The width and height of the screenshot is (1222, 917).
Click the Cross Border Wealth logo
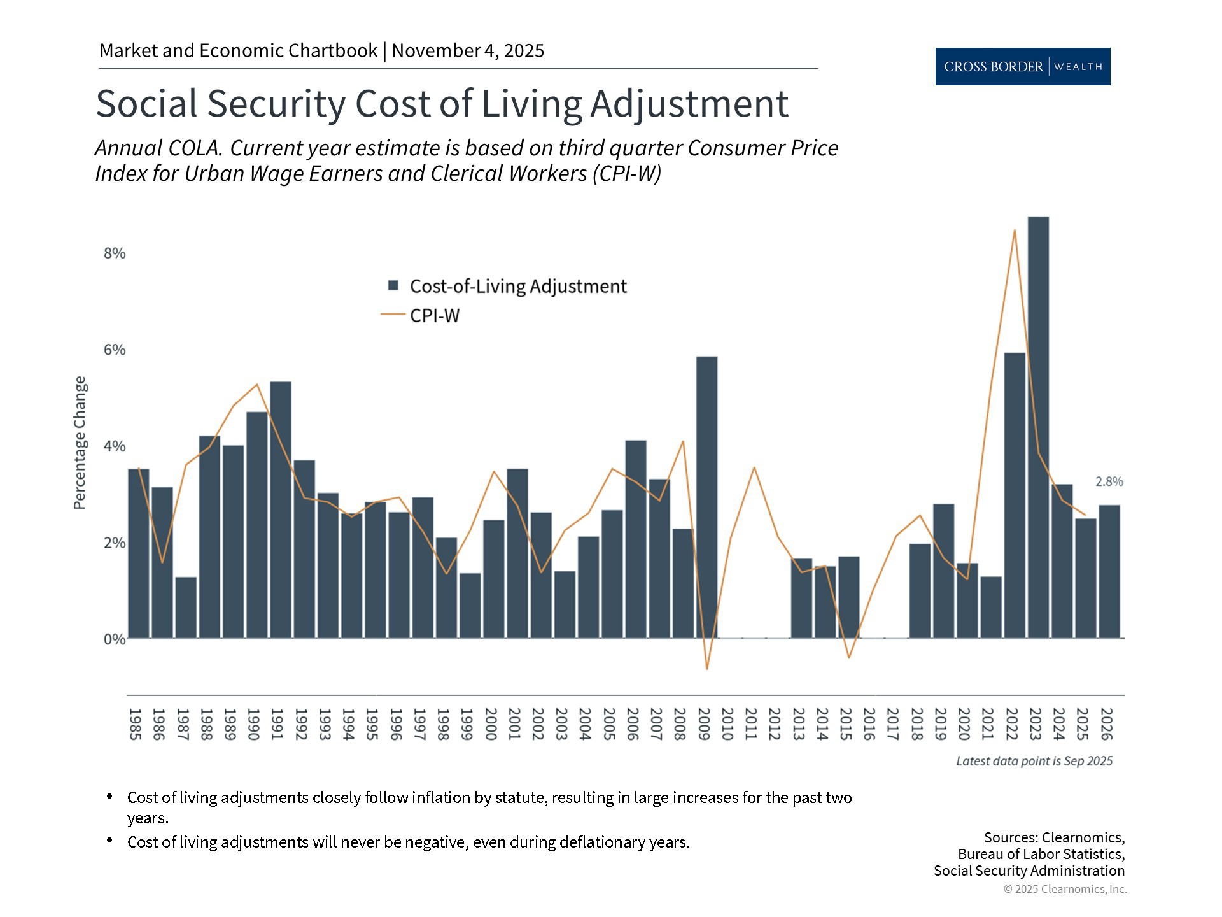(1022, 66)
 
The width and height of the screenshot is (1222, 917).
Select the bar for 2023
(1038, 427)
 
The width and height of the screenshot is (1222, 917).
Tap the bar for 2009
(706, 497)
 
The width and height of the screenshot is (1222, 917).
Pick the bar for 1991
(281, 509)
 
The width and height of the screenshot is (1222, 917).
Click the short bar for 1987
(186, 608)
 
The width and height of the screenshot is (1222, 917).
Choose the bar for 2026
(1109, 571)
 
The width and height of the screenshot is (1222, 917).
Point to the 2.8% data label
(1109, 482)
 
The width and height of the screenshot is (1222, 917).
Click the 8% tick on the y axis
(115, 253)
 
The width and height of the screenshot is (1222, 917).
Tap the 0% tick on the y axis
(115, 639)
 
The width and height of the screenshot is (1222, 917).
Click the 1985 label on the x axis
(135, 724)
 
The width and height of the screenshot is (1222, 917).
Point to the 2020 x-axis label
(964, 724)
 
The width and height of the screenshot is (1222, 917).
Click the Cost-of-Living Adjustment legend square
(393, 286)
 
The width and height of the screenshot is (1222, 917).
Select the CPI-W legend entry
(434, 315)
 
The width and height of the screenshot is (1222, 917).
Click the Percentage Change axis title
(80, 443)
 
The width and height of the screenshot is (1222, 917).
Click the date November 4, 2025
(468, 51)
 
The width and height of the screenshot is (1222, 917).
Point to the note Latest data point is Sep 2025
(1034, 761)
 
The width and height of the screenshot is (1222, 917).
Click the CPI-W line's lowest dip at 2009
(706, 669)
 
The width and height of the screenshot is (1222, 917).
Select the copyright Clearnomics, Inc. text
(1065, 889)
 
